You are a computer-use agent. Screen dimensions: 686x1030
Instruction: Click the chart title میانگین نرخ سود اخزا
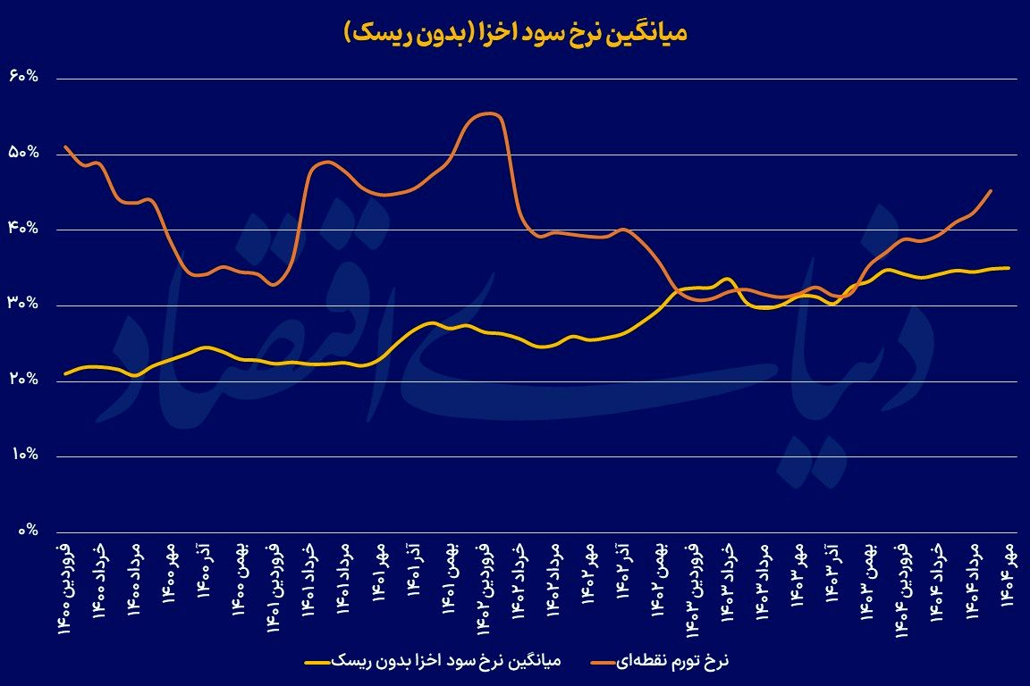[x=515, y=34]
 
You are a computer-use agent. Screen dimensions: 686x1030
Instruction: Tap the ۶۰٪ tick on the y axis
[x=23, y=78]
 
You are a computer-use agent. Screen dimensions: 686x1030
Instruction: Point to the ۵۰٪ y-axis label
[x=23, y=154]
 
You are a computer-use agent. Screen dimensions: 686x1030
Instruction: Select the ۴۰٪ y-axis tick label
[x=23, y=230]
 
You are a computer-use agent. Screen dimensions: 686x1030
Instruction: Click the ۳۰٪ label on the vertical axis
[x=23, y=305]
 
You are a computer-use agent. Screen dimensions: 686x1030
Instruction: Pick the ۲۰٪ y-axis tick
[x=23, y=381]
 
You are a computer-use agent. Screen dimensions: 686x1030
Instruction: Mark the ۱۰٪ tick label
[x=23, y=456]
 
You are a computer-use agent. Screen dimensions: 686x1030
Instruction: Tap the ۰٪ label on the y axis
[x=27, y=531]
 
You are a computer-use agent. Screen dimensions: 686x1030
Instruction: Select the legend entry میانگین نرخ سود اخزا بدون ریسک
[x=433, y=662]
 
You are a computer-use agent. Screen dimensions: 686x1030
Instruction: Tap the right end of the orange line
[x=991, y=190]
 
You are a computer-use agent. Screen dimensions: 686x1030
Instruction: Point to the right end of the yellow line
[x=1009, y=267]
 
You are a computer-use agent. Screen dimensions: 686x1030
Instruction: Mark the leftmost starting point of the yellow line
[x=66, y=373]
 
